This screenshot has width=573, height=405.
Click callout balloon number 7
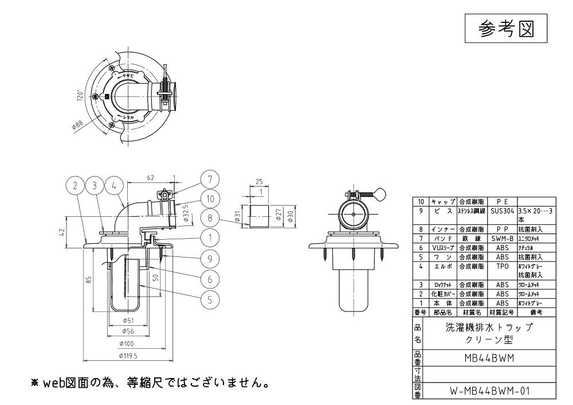210,178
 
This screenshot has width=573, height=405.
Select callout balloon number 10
210,198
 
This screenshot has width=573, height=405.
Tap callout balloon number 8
210,218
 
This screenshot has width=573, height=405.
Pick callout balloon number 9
210,259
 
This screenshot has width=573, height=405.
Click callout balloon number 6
210,279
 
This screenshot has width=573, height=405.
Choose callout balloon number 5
210,298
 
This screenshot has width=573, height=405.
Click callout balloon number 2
75,185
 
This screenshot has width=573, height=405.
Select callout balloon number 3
95,185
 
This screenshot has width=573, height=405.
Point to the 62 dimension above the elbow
150,178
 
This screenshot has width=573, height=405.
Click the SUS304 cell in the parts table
502,211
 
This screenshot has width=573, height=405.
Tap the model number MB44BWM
489,359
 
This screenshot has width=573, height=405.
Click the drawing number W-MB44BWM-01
489,394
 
